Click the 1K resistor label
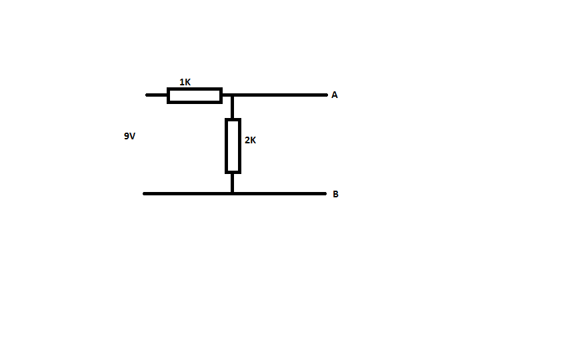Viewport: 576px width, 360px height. tap(185, 82)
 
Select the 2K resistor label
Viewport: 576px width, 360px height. tap(250, 140)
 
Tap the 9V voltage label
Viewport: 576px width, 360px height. tap(130, 136)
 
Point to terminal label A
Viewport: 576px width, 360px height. tap(334, 95)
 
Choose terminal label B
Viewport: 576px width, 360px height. tap(335, 194)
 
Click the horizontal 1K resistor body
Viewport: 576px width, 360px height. tap(195, 95)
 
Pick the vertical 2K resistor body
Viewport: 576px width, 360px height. tap(233, 146)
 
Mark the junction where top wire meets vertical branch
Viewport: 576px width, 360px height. tap(232, 95)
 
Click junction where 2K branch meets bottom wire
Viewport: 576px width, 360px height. tap(232, 193)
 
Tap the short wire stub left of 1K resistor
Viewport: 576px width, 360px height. tap(157, 95)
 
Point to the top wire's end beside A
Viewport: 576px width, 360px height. tap(326, 95)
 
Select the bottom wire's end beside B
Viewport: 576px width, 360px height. tap(325, 193)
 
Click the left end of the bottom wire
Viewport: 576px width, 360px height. tap(145, 193)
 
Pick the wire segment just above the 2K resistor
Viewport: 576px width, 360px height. tap(232, 107)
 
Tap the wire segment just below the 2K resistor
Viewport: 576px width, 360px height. tap(232, 183)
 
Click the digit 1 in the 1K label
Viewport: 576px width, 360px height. tap(182, 82)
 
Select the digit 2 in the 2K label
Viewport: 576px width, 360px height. tap(247, 140)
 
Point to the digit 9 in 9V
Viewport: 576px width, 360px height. tap(127, 136)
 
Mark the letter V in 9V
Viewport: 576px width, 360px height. tap(133, 136)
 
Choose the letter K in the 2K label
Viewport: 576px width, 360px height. tap(253, 140)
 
